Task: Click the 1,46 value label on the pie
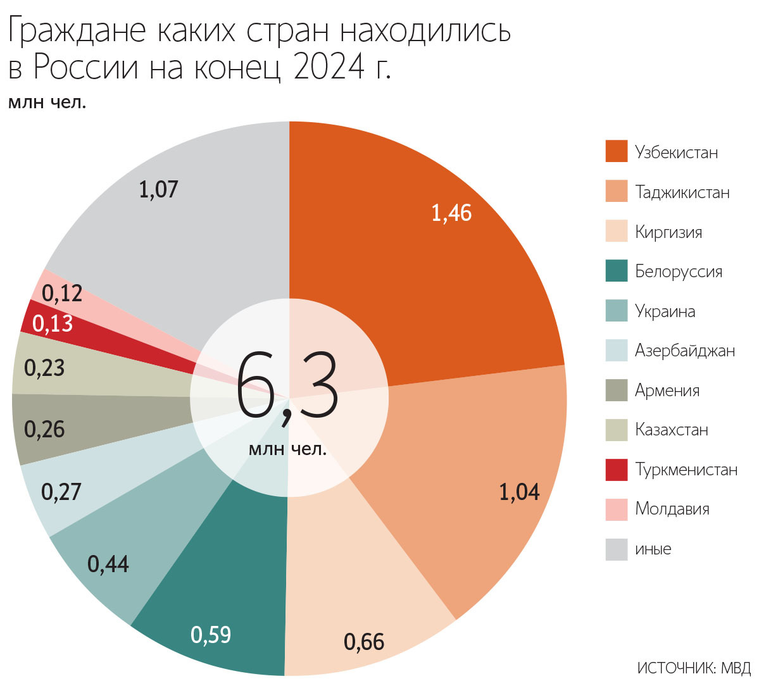[451, 213]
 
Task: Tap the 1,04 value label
[519, 492]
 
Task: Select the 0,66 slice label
[364, 642]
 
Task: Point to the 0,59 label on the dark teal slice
[211, 635]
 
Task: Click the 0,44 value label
[108, 564]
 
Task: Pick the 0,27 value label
[61, 492]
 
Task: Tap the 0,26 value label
[44, 429]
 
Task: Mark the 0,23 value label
[44, 368]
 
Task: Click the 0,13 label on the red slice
[53, 324]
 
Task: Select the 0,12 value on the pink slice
[62, 293]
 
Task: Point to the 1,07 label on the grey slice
[158, 189]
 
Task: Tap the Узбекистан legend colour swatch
[616, 152]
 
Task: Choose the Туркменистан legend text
[686, 470]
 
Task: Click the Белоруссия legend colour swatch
[616, 271]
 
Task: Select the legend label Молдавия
[672, 509]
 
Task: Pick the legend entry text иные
[653, 549]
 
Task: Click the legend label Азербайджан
[685, 351]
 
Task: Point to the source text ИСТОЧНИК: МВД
[694, 668]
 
